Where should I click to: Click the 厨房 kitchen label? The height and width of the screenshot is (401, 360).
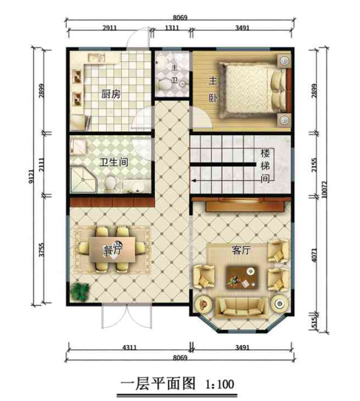(111, 94)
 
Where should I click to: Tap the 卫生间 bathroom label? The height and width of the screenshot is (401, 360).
(114, 162)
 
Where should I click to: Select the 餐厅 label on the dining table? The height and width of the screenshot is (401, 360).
(112, 249)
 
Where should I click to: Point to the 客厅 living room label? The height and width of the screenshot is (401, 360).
(241, 250)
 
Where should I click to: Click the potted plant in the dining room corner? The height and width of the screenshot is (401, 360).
(80, 292)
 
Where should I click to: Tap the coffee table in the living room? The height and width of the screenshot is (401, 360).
(242, 278)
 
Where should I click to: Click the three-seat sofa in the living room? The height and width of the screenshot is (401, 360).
(240, 307)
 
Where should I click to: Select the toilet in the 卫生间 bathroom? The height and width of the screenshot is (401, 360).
(111, 182)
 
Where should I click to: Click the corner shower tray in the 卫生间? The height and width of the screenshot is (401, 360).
(83, 180)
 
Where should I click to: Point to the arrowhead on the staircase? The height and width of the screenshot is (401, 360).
(194, 181)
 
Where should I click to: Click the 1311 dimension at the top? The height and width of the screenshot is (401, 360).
(172, 27)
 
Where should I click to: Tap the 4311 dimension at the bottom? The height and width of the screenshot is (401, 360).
(130, 348)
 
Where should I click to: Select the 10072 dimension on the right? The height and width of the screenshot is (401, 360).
(325, 190)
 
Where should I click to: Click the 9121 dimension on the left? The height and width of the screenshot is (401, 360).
(31, 176)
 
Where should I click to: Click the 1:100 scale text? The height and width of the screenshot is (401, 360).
(220, 384)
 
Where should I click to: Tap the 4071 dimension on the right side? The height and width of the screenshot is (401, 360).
(314, 255)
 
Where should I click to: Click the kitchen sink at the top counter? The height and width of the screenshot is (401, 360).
(97, 58)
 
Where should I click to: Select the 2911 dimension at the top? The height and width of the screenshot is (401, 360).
(110, 27)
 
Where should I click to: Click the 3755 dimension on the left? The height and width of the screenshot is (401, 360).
(41, 250)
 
